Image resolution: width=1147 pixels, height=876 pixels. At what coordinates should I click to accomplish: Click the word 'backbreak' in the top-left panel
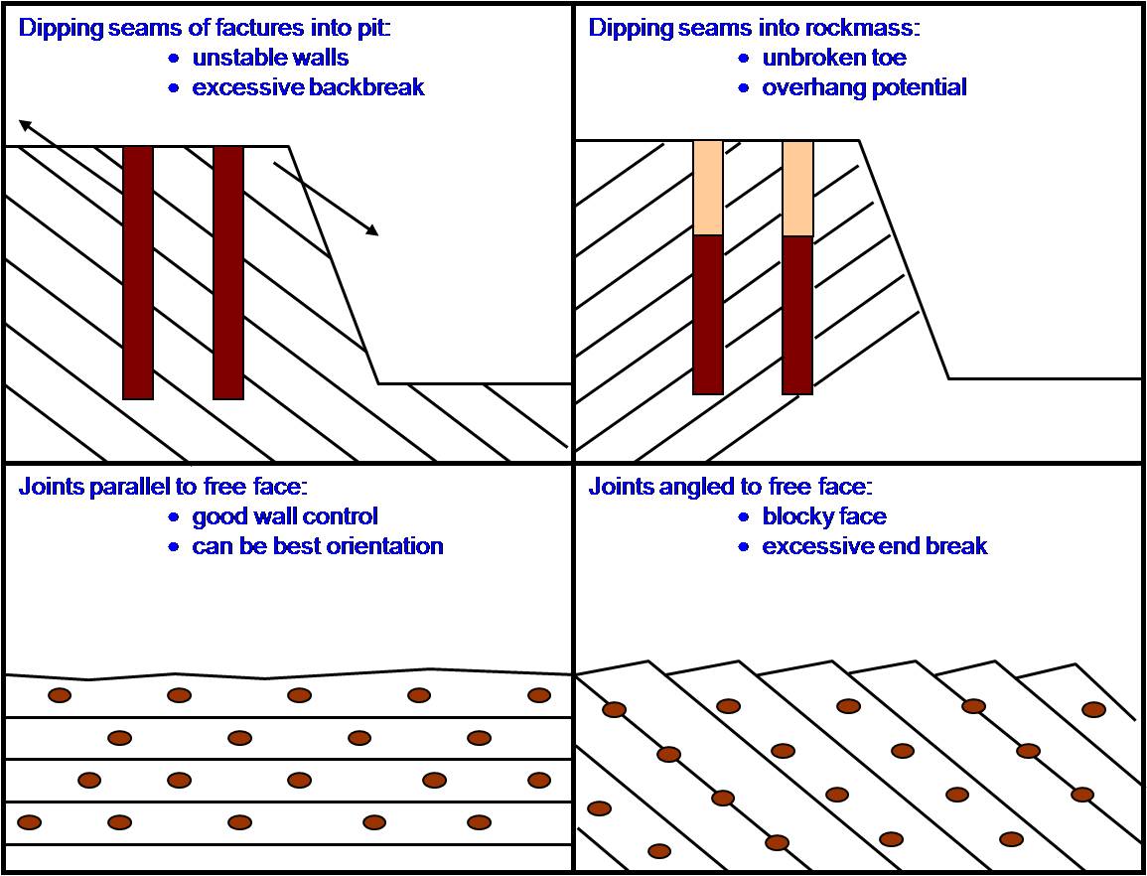(x=366, y=87)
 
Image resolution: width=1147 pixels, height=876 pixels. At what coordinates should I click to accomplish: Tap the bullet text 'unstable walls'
(x=270, y=57)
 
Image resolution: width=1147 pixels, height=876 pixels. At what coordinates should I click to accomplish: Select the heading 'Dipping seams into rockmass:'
(x=754, y=27)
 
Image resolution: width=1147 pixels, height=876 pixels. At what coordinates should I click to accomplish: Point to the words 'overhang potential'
(x=864, y=87)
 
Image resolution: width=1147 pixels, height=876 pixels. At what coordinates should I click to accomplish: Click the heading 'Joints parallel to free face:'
(x=164, y=487)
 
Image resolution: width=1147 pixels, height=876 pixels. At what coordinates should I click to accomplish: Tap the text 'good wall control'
(x=285, y=516)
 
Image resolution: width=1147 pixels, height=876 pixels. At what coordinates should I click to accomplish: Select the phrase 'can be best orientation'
(x=317, y=546)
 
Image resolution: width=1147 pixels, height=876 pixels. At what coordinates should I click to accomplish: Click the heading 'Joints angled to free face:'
(x=730, y=487)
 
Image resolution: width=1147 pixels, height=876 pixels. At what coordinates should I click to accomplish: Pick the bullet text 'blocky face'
(x=824, y=516)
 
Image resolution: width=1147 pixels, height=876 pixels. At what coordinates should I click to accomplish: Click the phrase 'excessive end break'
(x=874, y=546)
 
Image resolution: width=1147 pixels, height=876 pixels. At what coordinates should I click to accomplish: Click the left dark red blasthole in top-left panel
(x=138, y=273)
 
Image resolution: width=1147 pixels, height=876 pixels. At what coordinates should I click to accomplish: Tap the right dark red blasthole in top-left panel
(x=228, y=273)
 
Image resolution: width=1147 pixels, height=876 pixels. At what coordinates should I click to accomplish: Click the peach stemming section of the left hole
(x=708, y=187)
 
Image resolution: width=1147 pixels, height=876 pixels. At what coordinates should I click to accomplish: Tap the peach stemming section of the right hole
(x=797, y=187)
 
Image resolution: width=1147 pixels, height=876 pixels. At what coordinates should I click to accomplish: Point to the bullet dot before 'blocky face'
(x=744, y=517)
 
